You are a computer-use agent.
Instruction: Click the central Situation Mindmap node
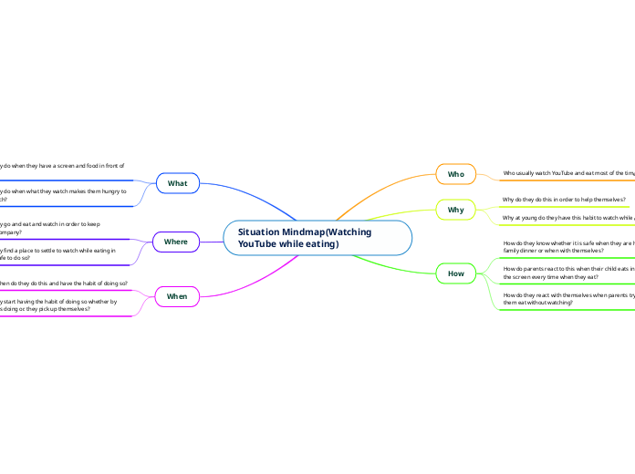[317, 238]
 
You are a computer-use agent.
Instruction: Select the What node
[177, 183]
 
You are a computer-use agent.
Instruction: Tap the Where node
[176, 242]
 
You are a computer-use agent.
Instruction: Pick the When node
[177, 296]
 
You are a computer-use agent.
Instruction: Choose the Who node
[455, 173]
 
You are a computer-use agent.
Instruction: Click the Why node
[455, 210]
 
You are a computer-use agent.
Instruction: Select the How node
[455, 273]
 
